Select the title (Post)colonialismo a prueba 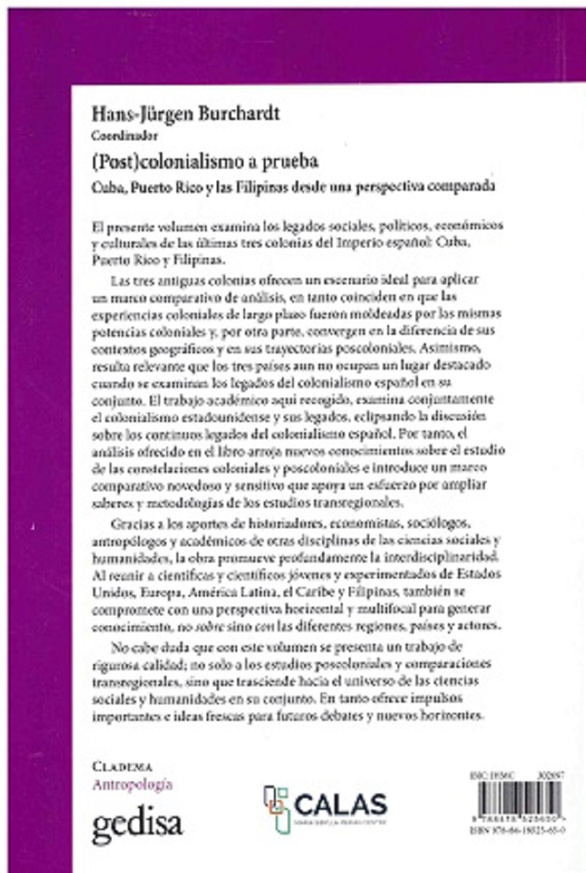point(196,159)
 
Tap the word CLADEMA point(122,766)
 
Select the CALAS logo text point(340,806)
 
